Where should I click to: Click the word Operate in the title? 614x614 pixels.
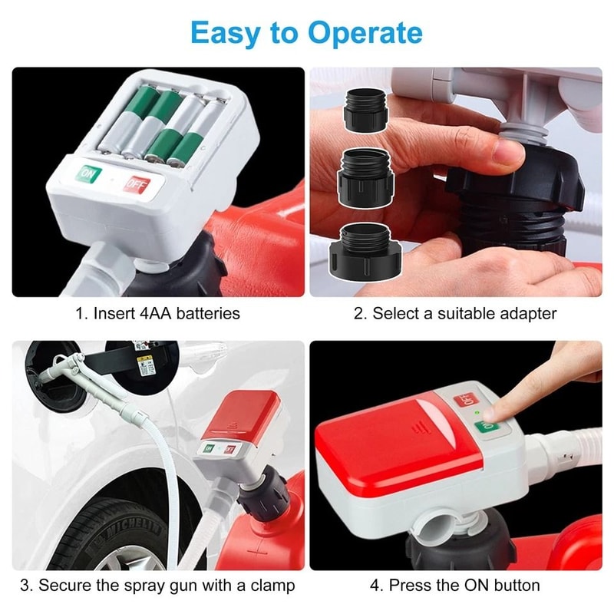(365, 35)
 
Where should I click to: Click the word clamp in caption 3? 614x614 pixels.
(271, 586)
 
